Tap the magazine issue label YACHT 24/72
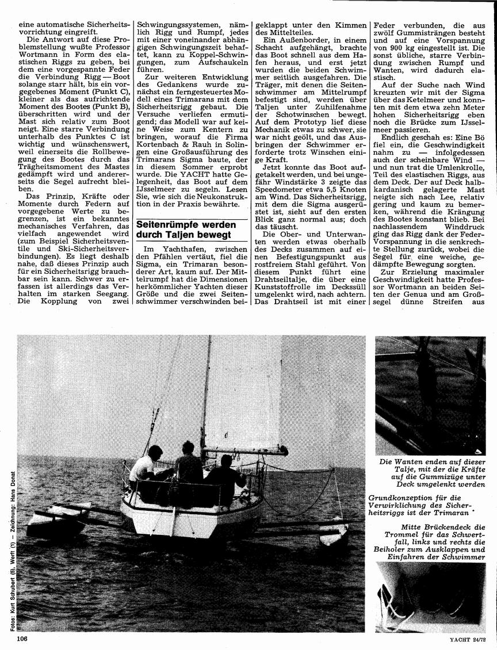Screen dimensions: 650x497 point(467,638)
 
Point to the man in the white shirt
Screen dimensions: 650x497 point(142,466)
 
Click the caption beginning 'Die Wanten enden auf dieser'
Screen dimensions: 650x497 point(431,473)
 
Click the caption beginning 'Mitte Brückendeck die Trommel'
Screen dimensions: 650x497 point(433,542)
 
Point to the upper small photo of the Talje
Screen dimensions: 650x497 point(430,395)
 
